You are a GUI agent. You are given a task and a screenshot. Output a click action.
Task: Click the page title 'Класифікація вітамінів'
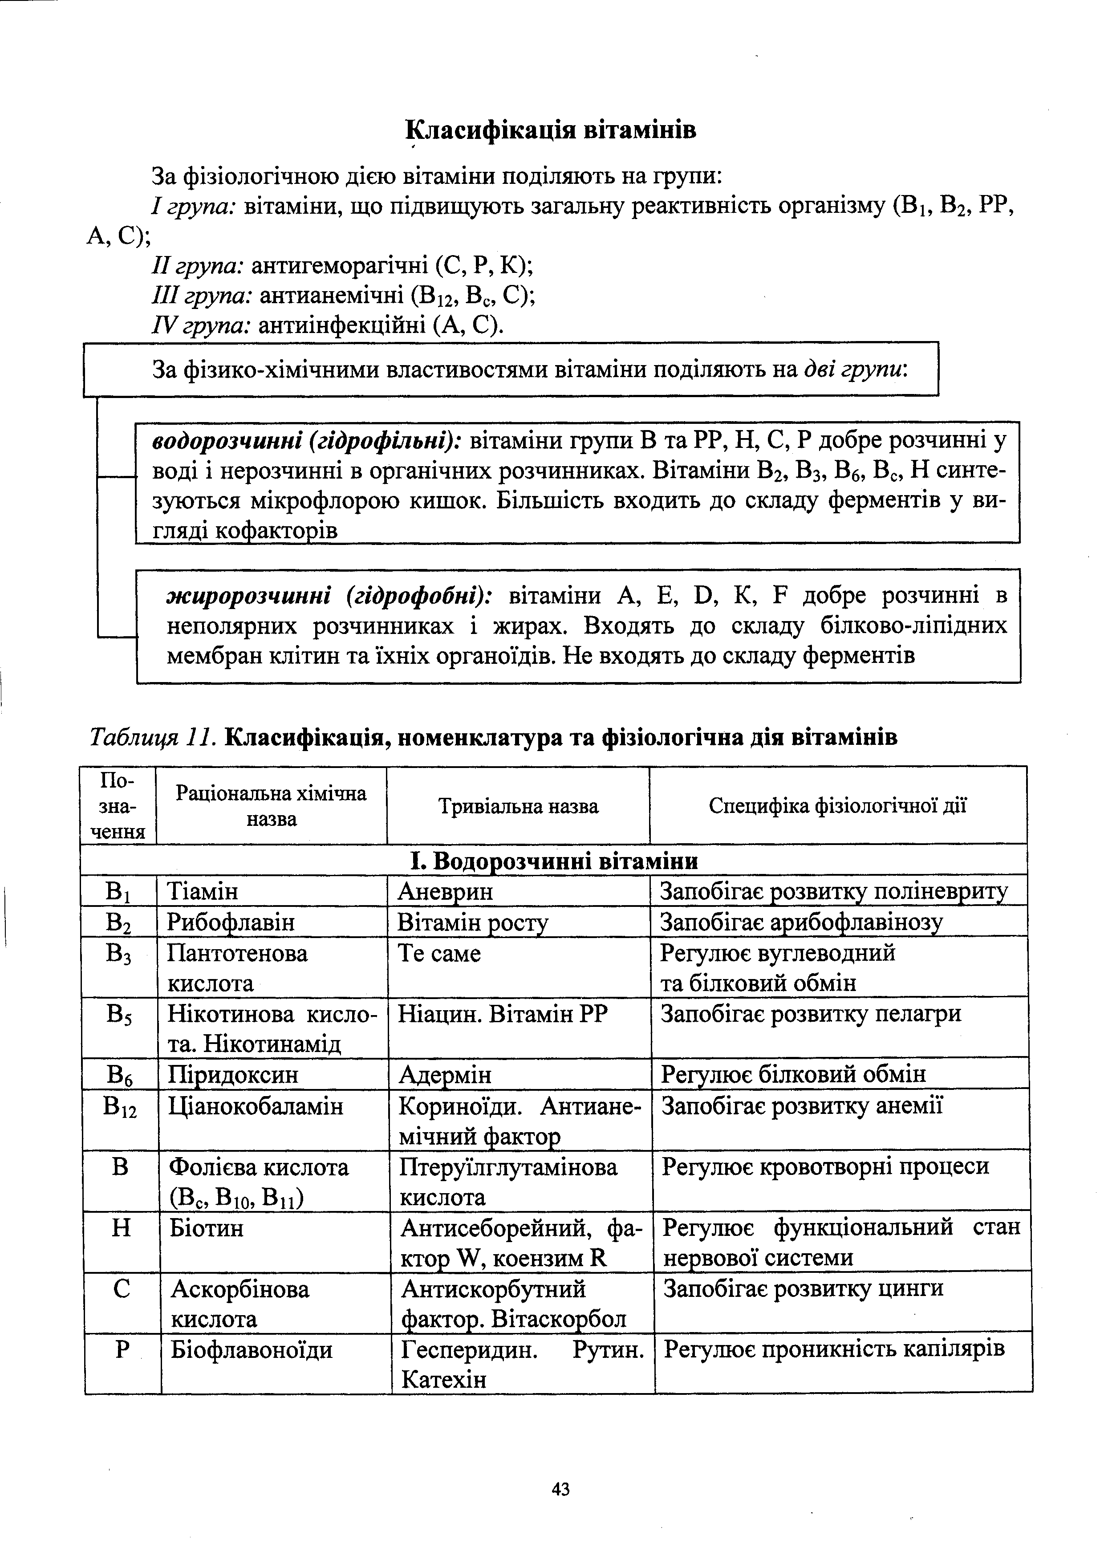(551, 129)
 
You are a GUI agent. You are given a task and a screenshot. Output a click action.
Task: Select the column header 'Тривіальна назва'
(518, 807)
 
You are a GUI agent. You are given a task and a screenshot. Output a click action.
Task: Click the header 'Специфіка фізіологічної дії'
(837, 806)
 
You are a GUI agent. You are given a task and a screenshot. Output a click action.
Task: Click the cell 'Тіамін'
(203, 891)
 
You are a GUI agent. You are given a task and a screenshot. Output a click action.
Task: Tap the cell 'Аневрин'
(445, 891)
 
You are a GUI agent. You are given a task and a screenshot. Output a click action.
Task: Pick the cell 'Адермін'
(445, 1075)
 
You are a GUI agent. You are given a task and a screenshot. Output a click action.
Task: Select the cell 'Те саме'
(439, 954)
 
